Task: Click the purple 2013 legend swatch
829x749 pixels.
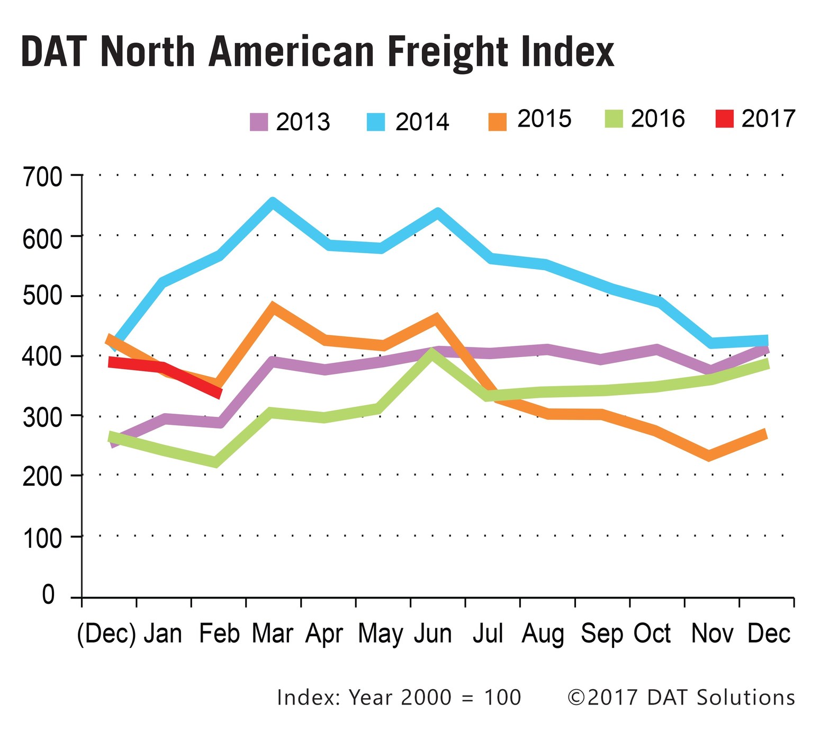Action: (x=259, y=122)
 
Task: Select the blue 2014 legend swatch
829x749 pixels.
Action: (x=376, y=122)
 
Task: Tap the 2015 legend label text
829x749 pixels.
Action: (x=544, y=119)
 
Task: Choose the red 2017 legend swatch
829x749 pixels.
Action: (x=725, y=119)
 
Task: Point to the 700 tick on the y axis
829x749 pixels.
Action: (x=42, y=176)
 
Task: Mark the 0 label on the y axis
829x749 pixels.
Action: (x=49, y=595)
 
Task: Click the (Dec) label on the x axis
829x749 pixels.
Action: (x=106, y=634)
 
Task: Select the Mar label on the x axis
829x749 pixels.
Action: (x=273, y=634)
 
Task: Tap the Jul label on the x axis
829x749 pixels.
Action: (x=488, y=634)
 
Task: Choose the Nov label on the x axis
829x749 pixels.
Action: (x=712, y=634)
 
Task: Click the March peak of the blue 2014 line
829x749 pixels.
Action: (x=273, y=203)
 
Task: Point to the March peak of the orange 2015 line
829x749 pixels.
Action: (x=273, y=307)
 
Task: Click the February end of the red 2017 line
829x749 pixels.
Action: (x=218, y=393)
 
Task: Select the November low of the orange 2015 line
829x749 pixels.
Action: (x=709, y=456)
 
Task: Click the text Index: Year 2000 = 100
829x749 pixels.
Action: (x=399, y=698)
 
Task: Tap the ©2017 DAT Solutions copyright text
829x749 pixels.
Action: (x=681, y=698)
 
